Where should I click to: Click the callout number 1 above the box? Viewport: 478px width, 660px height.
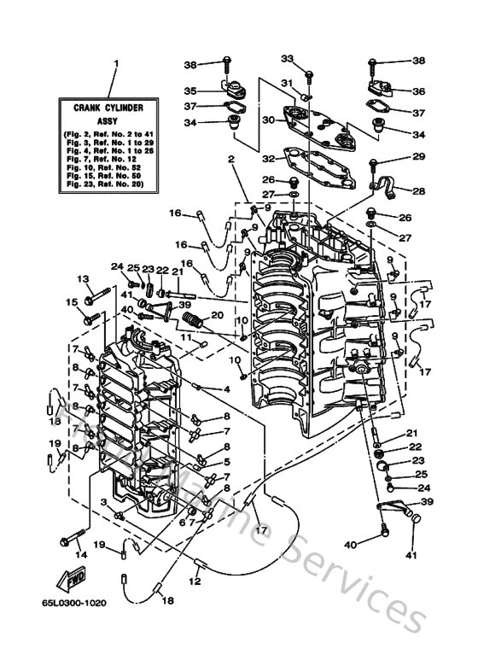click(x=117, y=63)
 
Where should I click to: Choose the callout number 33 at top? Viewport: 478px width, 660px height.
click(x=288, y=58)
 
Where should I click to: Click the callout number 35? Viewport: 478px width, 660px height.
click(x=190, y=90)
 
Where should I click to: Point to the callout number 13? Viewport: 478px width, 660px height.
click(x=84, y=278)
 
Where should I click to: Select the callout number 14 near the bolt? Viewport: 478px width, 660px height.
click(x=81, y=554)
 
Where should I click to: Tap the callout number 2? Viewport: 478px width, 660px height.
click(x=230, y=160)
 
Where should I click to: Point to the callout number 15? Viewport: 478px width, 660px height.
click(x=72, y=302)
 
